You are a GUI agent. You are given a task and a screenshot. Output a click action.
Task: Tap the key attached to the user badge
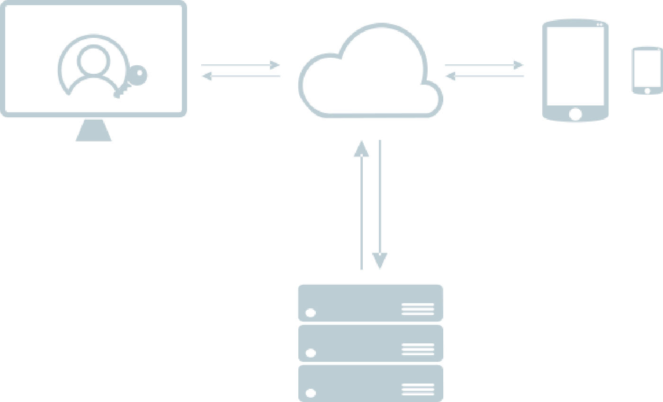[x=139, y=74]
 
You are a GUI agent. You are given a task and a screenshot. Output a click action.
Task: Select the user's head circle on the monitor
[x=93, y=59]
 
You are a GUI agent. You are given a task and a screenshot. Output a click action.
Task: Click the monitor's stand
[x=94, y=130]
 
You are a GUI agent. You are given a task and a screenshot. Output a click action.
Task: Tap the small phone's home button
[x=647, y=91]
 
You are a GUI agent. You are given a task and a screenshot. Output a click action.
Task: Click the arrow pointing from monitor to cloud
[x=241, y=65]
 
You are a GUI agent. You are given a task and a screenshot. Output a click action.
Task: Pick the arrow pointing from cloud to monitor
[x=241, y=76]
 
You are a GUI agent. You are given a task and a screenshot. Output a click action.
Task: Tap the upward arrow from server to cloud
[x=362, y=203]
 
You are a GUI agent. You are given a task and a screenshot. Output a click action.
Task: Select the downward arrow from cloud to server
[x=379, y=203]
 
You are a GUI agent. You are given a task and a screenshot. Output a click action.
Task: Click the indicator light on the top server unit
[x=311, y=313]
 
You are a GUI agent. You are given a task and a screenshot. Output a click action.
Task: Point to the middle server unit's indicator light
[x=311, y=353]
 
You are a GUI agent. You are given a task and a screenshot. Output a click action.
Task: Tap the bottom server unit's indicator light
[x=311, y=393]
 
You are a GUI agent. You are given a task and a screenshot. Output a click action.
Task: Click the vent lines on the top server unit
[x=418, y=309]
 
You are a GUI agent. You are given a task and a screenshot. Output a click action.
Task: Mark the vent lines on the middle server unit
[x=418, y=350]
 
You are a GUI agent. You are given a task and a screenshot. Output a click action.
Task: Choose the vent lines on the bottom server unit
[x=418, y=389]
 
